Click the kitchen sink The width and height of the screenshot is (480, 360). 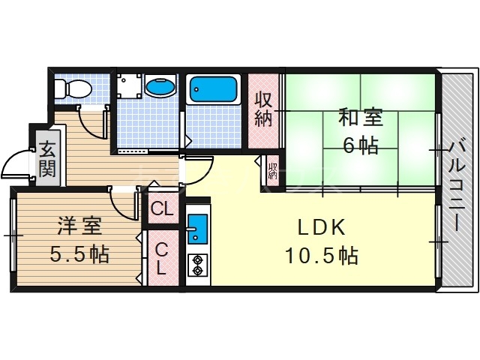[197, 228]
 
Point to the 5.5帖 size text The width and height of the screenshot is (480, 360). [79, 255]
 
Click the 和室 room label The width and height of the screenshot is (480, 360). [360, 118]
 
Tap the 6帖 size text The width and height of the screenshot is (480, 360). [360, 145]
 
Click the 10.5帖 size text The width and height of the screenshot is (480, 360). [320, 256]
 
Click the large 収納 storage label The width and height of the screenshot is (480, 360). [262, 109]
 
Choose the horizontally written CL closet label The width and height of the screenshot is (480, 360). [161, 209]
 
